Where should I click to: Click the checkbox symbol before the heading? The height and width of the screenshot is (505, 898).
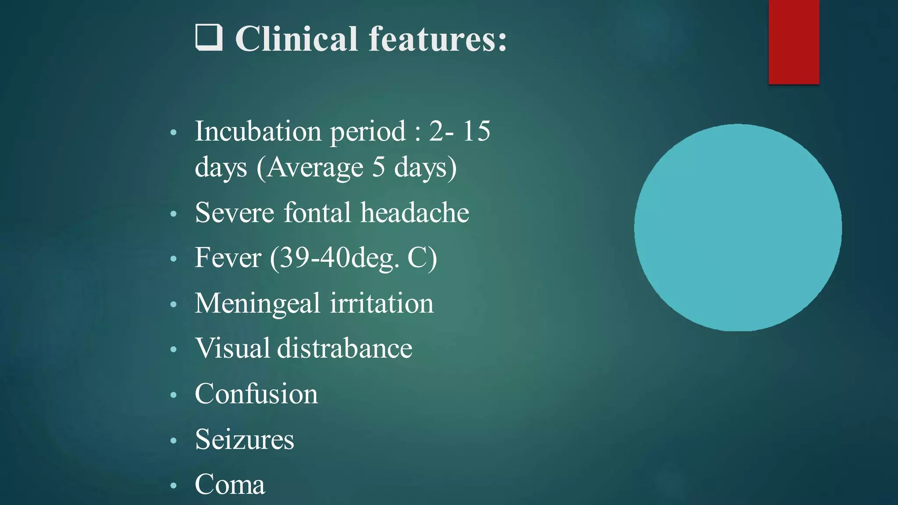pyautogui.click(x=209, y=38)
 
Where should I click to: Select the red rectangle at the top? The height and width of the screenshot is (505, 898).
pyautogui.click(x=794, y=42)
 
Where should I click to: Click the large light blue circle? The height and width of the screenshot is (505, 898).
pyautogui.click(x=738, y=228)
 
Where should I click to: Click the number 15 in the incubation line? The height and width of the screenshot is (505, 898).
pyautogui.click(x=476, y=131)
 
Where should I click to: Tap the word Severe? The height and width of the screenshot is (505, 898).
pyautogui.click(x=235, y=213)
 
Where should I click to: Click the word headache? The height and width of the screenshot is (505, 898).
pyautogui.click(x=415, y=213)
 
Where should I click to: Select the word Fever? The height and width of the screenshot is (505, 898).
pyautogui.click(x=228, y=258)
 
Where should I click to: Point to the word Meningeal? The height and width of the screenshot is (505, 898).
pyautogui.click(x=257, y=303)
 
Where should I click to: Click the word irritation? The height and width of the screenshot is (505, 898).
pyautogui.click(x=381, y=303)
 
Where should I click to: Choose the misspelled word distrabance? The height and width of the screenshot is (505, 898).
pyautogui.click(x=345, y=349)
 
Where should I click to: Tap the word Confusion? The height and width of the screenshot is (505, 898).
pyautogui.click(x=257, y=394)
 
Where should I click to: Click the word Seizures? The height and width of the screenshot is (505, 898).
pyautogui.click(x=244, y=439)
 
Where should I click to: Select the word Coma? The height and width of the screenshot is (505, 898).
pyautogui.click(x=230, y=484)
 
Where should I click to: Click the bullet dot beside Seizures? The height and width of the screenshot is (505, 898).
pyautogui.click(x=174, y=441)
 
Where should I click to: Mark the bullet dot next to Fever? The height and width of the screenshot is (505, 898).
pyautogui.click(x=174, y=259)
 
